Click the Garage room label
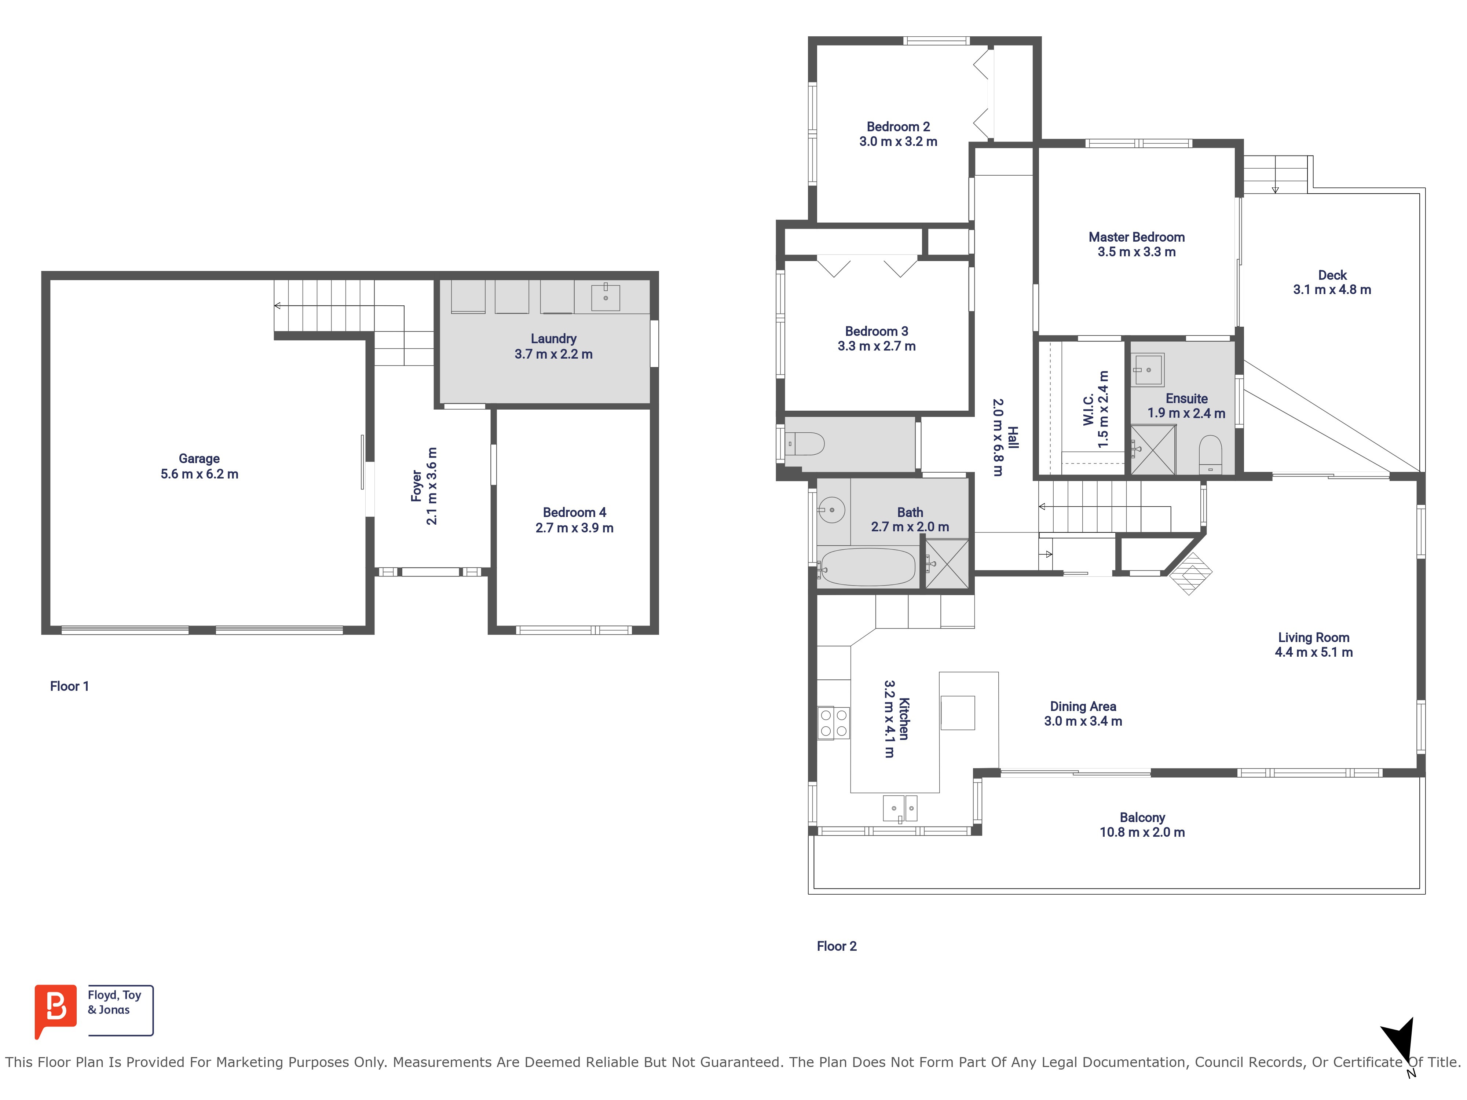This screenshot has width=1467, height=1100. pos(199,458)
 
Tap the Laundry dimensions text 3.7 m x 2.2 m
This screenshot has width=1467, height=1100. pos(554,354)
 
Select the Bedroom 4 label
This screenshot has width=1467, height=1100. pos(574,513)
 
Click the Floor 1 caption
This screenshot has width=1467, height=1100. pos(69,686)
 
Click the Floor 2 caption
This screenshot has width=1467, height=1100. pos(836,946)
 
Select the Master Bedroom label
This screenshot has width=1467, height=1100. pos(1137,237)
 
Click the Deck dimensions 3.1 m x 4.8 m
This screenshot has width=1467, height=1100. pos(1332,290)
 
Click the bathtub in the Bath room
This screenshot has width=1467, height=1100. pos(866,567)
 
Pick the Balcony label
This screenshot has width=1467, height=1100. pos(1142,818)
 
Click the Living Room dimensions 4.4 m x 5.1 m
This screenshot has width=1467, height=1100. pos(1314,652)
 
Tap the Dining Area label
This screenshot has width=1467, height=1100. pos(1083,707)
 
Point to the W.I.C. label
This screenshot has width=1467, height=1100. pos(1088,410)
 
